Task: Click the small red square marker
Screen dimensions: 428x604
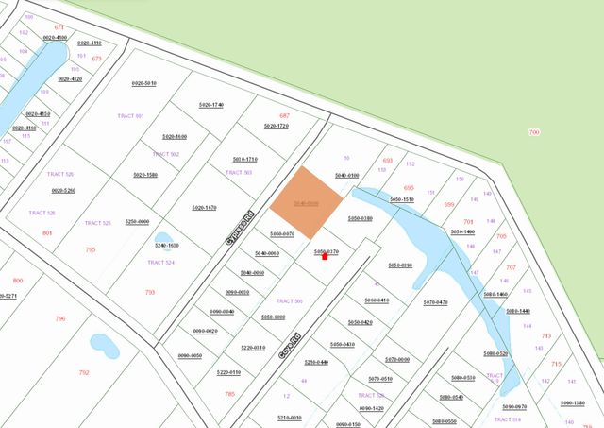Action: point(326,256)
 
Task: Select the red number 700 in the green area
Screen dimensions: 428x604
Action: point(534,132)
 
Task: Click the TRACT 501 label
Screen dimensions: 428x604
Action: point(130,116)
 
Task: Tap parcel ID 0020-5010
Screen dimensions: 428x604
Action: point(144,83)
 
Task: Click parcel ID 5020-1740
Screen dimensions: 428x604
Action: point(211,104)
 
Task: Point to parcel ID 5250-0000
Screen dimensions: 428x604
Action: point(138,221)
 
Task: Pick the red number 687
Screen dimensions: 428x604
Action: point(284,115)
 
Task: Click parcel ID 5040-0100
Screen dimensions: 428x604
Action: point(347,176)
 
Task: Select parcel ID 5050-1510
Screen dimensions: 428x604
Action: point(402,199)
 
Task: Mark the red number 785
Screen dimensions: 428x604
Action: point(229,394)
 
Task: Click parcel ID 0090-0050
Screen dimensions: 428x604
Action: point(191,355)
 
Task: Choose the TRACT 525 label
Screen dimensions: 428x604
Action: point(98,223)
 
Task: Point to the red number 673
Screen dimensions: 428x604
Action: point(96,59)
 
